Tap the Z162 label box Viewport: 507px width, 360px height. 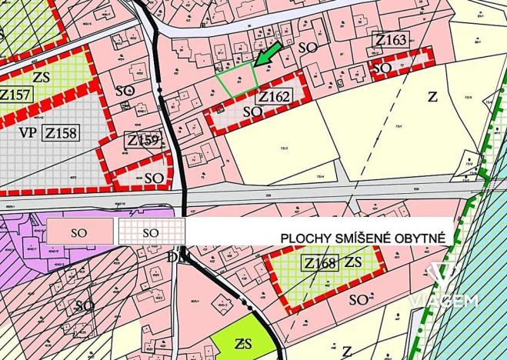coord(274,98)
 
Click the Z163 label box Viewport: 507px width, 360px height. coord(390,40)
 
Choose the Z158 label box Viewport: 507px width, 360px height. coord(60,132)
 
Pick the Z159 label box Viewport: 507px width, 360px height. coord(143,140)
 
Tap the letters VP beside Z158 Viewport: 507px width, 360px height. coord(27,132)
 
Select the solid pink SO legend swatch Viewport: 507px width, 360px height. coord(80,231)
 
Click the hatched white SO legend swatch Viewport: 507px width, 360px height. coord(152,231)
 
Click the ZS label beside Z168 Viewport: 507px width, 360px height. coord(354,262)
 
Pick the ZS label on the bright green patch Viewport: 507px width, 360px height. coord(244,342)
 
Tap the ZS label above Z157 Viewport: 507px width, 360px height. coord(42,77)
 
